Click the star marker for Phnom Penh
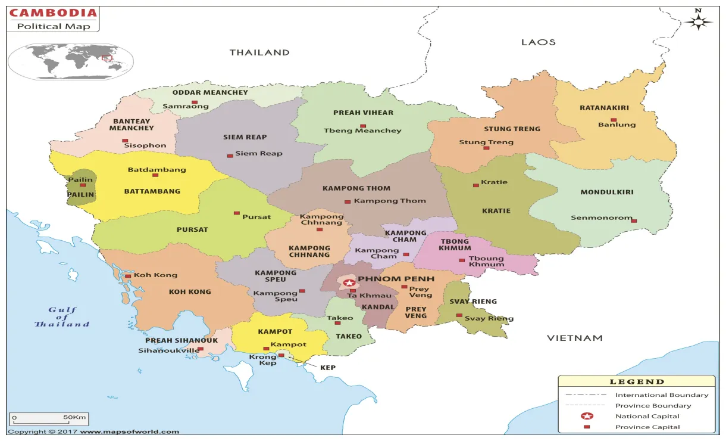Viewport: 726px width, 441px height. [x=349, y=282]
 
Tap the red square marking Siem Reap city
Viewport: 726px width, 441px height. [x=230, y=156]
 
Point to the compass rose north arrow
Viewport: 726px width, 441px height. [x=699, y=21]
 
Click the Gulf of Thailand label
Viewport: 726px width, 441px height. [x=62, y=316]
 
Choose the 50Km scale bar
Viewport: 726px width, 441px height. [x=50, y=420]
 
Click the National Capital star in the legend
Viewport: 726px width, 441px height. [x=587, y=416]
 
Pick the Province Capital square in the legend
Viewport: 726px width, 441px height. [x=587, y=427]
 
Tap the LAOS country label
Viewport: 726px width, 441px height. [x=538, y=42]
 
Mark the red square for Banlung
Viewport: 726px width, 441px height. [x=614, y=120]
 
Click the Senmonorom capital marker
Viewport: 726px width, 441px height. [x=634, y=221]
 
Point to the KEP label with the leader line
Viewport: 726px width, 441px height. [x=328, y=368]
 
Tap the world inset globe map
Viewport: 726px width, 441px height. [x=70, y=61]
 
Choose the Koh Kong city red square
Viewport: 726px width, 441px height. [x=127, y=276]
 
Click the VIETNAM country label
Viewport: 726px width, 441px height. [x=574, y=338]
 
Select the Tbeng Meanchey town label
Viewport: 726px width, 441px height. [x=362, y=131]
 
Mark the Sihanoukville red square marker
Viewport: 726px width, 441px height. [x=201, y=349]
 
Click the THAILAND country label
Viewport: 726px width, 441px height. [x=259, y=52]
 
